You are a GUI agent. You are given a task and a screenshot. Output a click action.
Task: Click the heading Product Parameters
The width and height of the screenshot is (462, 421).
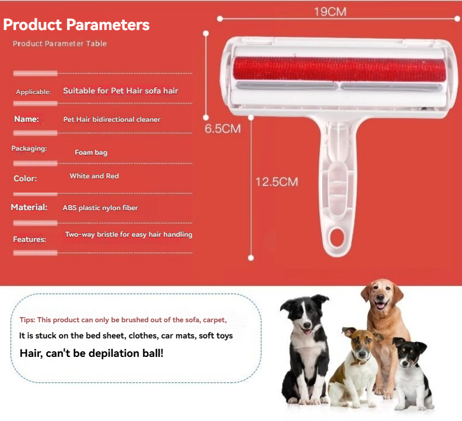coord(76,24)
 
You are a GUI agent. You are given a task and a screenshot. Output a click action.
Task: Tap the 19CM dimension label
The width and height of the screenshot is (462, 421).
coord(330,12)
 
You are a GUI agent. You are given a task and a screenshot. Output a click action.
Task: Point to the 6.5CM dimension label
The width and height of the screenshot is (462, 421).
coord(223,129)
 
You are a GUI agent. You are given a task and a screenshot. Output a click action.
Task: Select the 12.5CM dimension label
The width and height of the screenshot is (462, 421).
coord(277,182)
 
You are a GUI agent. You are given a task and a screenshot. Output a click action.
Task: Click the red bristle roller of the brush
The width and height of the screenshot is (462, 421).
coord(340,68)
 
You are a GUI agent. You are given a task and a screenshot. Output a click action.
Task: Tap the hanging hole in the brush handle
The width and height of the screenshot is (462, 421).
coord(337,237)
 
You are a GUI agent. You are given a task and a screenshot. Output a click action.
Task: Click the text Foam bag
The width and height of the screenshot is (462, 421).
coord(91,152)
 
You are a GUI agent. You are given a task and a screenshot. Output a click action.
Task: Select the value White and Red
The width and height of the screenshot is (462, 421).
coord(94,176)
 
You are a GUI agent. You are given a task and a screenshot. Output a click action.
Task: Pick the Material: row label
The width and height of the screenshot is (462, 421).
coord(29,207)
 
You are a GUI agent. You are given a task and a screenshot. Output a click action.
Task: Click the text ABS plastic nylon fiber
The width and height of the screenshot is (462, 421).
coord(100,208)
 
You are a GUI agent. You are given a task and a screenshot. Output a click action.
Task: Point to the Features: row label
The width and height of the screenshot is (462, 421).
coord(29,239)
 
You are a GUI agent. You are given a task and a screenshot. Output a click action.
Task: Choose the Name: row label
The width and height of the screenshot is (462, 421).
coord(27,119)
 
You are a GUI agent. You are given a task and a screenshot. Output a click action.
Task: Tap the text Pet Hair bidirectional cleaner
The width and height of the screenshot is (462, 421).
coord(111,120)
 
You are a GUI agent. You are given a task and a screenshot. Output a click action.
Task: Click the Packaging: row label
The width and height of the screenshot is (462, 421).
coord(29,148)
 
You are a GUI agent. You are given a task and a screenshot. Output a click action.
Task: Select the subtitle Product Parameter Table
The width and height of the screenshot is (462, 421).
coord(59,44)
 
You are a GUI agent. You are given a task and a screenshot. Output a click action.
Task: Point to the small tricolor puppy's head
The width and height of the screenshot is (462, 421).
coord(409,353)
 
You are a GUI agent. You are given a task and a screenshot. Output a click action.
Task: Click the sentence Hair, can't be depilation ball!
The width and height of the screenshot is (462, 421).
coord(91,353)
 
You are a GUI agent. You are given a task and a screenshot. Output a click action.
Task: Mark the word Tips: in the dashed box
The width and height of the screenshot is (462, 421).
coord(27,320)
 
